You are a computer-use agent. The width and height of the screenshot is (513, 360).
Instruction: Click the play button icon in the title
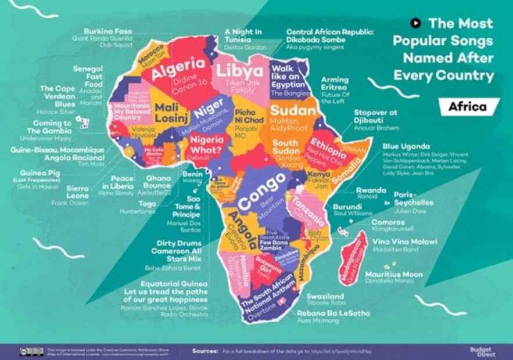point(415,23)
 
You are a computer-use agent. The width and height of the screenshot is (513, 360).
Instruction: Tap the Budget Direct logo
point(482,351)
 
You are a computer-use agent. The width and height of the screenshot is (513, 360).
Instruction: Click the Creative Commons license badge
point(31,351)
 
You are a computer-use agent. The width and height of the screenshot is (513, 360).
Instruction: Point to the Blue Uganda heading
point(406,146)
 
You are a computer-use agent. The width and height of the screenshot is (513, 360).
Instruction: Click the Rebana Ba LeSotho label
point(333,314)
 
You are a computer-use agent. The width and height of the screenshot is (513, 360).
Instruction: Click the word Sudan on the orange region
point(292,110)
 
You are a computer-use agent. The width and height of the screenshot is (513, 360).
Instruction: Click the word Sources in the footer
point(205,351)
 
